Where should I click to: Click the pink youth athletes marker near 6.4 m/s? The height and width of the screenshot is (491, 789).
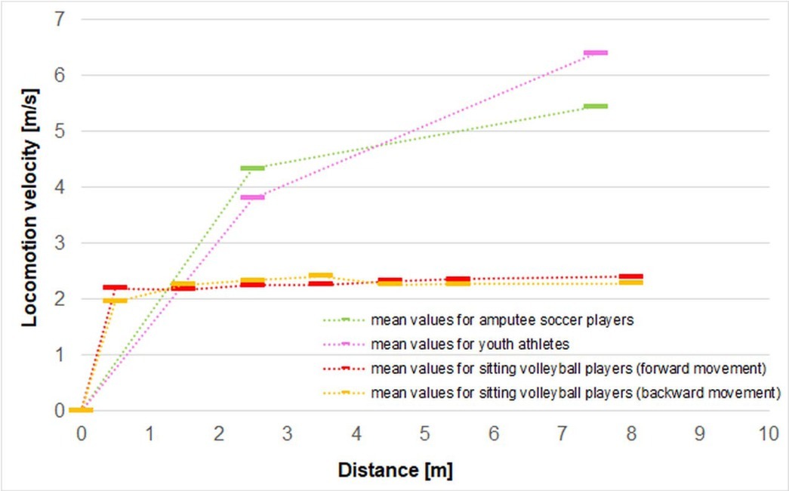tap(596, 53)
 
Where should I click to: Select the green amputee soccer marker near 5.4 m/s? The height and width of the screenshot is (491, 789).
tap(596, 107)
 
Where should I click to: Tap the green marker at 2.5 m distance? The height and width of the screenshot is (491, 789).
tap(252, 168)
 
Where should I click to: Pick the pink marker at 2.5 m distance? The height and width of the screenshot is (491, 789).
tap(252, 197)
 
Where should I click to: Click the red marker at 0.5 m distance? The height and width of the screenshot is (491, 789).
tap(115, 288)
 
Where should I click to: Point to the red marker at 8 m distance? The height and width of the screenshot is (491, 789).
tap(630, 277)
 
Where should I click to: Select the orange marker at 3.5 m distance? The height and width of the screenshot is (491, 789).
tap(321, 276)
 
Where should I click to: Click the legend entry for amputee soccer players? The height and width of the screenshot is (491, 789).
tap(501, 320)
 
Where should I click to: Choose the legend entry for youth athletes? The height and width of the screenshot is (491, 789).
tap(468, 344)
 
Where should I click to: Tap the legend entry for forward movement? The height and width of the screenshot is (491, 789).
tap(569, 369)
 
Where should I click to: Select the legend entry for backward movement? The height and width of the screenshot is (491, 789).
tap(575, 393)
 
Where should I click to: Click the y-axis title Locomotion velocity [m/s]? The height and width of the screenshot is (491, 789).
tap(29, 205)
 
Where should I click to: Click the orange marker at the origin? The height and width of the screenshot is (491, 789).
tap(81, 410)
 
